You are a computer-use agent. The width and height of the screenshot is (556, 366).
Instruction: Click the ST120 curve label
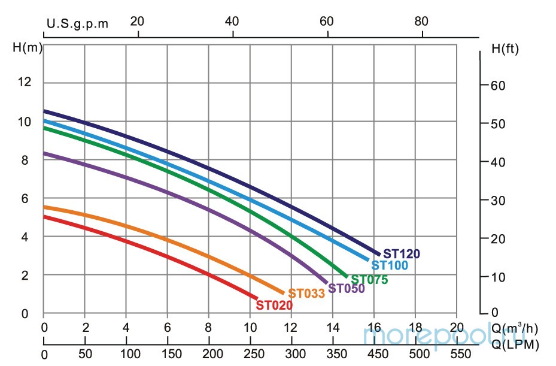coord(402,254)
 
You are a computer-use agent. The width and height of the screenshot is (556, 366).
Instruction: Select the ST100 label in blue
coord(390,265)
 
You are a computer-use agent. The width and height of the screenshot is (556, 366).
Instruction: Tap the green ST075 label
coord(369,280)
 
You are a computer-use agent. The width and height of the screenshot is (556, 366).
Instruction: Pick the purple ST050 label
coord(346,289)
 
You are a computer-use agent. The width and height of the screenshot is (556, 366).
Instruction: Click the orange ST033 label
coord(306,294)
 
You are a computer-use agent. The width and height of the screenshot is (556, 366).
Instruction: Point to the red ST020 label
coord(274,305)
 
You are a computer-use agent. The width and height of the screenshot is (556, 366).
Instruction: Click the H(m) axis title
coord(28,48)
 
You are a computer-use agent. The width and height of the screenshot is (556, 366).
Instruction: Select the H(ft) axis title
coord(504,48)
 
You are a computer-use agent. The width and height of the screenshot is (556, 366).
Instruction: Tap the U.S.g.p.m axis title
coord(78,23)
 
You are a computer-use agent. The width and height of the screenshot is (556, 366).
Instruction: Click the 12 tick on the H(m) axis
coord(24,83)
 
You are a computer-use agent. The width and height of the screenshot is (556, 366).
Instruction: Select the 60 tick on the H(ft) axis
coord(497,86)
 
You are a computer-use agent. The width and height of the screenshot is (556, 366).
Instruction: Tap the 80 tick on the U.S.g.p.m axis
coord(421,21)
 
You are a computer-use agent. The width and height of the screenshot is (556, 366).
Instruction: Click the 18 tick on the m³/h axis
coord(415,328)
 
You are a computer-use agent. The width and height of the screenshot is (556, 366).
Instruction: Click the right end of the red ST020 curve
coord(257,298)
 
